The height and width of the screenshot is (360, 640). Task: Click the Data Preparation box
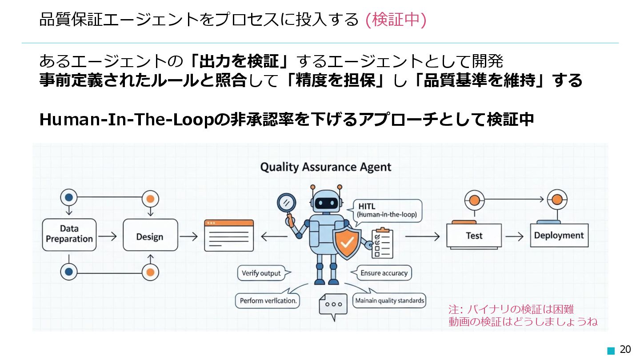pos(69,234)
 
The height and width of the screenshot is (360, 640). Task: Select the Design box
pos(150,236)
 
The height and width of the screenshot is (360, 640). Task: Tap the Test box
pos(474,236)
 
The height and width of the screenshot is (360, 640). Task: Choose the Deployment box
pos(559,235)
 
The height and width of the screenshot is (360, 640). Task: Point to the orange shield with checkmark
pos(347,243)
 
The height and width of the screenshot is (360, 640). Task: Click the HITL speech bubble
pos(386,211)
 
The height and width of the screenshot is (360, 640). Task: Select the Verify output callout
pos(261,273)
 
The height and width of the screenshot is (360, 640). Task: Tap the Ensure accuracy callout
pos(384,273)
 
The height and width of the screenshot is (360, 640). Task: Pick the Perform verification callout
pos(268,300)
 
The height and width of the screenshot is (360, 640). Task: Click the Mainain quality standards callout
pos(389,300)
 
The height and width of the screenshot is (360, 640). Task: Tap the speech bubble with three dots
pos(333,305)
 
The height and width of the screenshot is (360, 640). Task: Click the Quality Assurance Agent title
pos(325,167)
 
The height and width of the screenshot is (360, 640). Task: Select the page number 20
pos(625,349)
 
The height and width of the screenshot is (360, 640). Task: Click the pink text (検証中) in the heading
pos(396,20)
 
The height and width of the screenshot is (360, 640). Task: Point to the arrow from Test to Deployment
pos(515,236)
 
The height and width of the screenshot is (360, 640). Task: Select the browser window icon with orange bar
pos(229,236)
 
